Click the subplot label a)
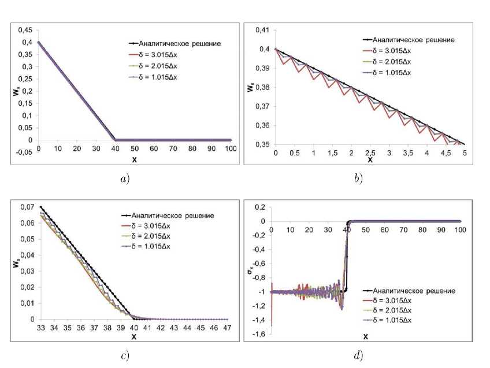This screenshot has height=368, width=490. coord(124,179)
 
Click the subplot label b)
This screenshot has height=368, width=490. coord(358,179)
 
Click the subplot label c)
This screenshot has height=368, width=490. coord(124,355)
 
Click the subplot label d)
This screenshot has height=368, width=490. coord(358,355)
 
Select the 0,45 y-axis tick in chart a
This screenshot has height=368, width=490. coord(24,30)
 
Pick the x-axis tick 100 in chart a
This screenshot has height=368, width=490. coord(231,149)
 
